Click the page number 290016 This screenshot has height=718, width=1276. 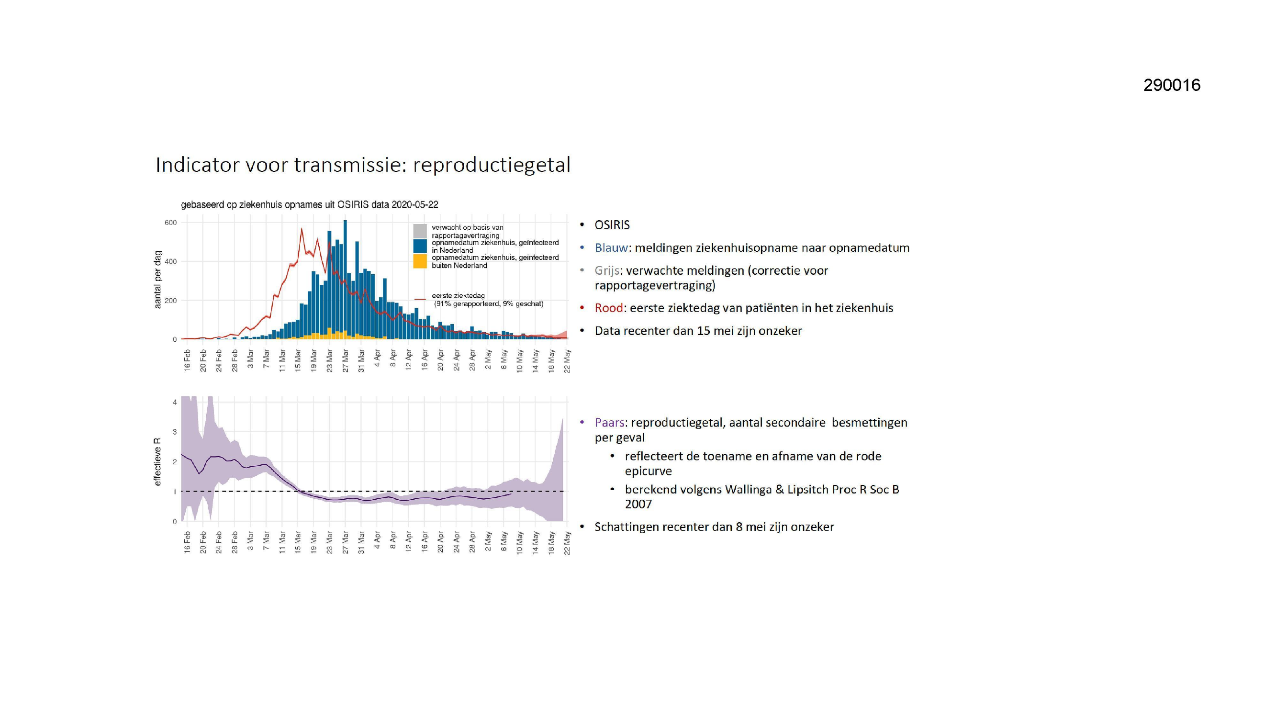(1172, 85)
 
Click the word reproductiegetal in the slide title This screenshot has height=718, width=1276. (492, 165)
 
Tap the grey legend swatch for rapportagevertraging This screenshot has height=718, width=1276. (420, 231)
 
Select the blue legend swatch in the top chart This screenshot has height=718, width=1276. (420, 246)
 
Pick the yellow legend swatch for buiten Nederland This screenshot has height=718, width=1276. (420, 261)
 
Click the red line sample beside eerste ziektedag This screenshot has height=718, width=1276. (420, 299)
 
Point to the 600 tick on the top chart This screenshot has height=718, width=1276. (170, 223)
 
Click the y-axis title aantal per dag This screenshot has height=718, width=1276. (157, 280)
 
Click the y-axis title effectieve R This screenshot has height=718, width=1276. (157, 462)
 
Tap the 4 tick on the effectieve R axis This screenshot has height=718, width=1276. (175, 403)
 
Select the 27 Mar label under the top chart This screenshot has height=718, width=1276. (345, 361)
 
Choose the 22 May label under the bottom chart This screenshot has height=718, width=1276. (567, 543)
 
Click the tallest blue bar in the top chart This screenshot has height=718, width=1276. (345, 280)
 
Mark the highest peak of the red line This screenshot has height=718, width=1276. (302, 228)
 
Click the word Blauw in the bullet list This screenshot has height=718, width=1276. (611, 248)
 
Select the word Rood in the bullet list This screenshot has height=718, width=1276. (609, 308)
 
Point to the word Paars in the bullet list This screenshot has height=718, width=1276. (610, 423)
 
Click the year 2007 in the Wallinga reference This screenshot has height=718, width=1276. (638, 504)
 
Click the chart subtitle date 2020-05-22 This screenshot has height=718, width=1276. (414, 205)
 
